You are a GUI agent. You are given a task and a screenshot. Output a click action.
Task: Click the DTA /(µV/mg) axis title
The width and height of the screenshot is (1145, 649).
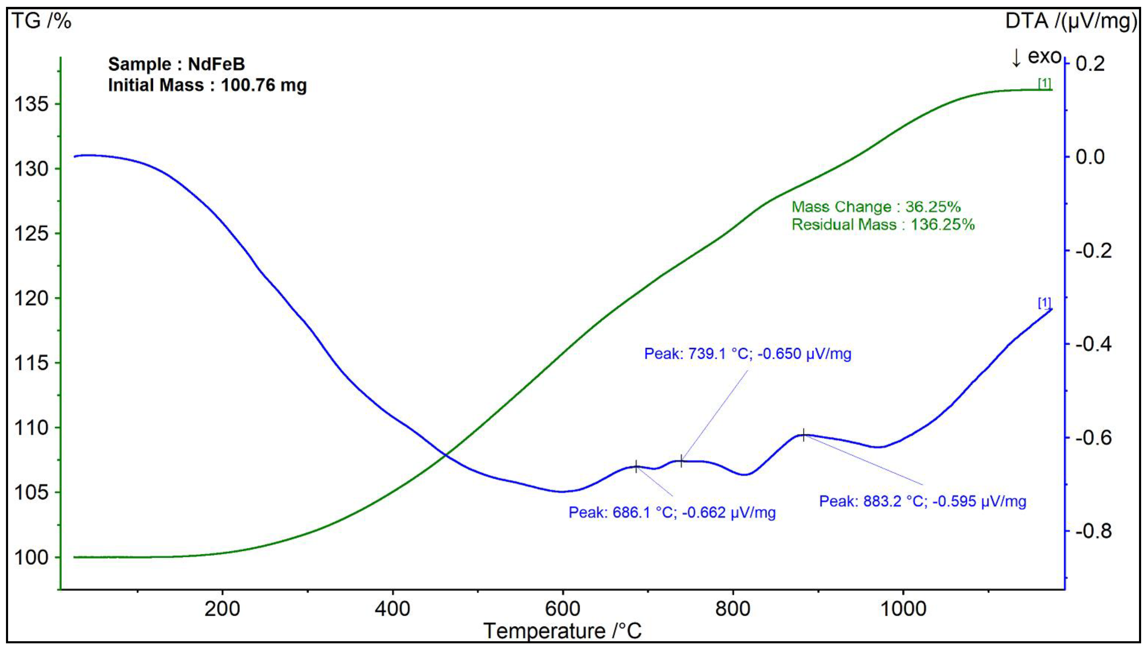[1070, 21]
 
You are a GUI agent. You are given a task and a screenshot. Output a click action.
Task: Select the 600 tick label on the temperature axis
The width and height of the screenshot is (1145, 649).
[562, 609]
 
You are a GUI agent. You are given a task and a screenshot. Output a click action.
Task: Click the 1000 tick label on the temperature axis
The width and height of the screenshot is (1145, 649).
[903, 609]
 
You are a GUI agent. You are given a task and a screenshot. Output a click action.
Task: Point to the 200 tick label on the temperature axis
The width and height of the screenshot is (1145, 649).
[222, 609]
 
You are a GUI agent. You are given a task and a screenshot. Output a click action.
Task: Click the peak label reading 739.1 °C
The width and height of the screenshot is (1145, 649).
[747, 354]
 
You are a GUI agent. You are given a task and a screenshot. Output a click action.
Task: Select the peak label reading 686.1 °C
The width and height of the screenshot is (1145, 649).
[672, 513]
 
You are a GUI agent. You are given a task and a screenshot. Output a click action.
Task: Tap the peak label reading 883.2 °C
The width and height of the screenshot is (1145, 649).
[923, 502]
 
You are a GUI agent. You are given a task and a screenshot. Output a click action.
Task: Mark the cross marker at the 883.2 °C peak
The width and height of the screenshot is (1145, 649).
[804, 435]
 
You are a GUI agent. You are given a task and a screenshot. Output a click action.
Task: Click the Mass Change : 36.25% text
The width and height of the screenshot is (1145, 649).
[876, 207]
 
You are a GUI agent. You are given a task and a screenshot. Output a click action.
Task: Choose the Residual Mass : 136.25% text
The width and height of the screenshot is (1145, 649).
[883, 225]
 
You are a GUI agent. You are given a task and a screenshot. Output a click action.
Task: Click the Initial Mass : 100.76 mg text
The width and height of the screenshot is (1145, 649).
[207, 85]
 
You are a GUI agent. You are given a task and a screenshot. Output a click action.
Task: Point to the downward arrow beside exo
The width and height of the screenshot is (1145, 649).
[1016, 58]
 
